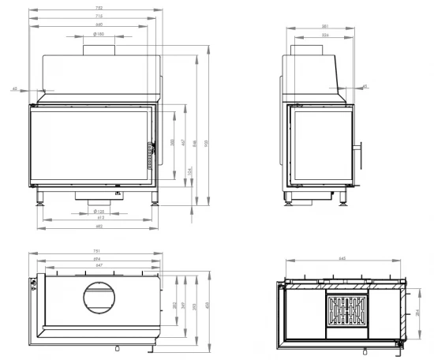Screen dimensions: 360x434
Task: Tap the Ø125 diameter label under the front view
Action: [99, 212]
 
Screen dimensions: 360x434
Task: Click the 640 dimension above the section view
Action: [342, 258]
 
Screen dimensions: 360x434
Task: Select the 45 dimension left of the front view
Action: [15, 88]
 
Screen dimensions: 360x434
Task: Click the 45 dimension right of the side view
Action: [364, 86]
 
